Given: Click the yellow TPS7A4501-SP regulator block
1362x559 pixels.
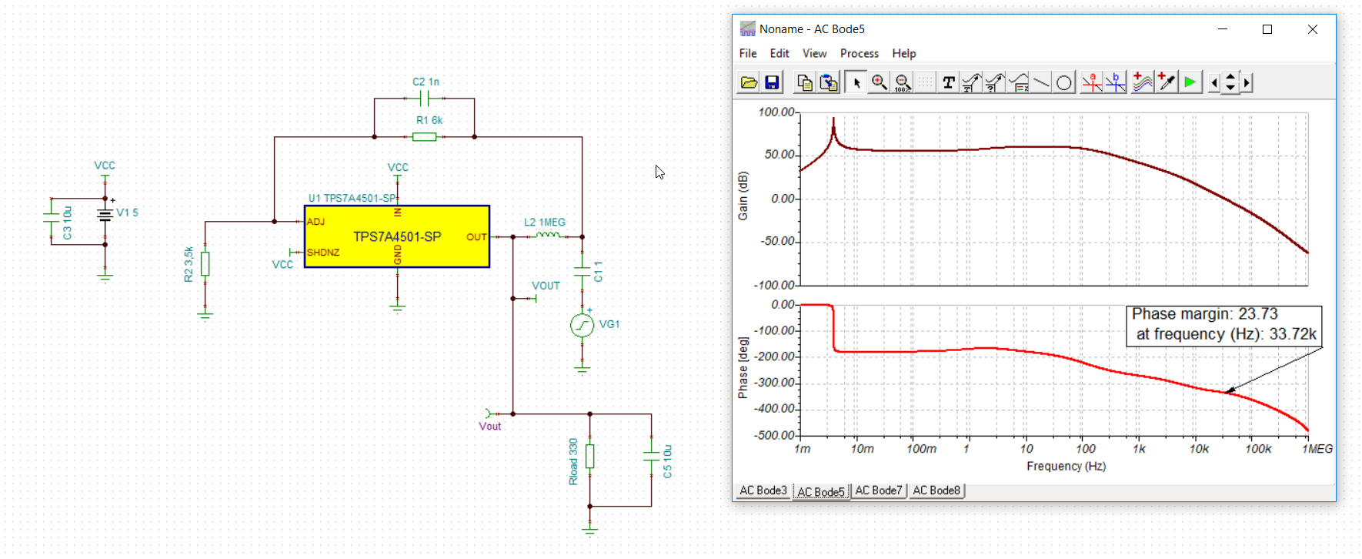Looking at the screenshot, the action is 397,236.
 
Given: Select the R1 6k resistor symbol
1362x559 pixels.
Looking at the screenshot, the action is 424,137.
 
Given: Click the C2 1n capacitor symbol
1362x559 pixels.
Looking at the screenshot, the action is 425,99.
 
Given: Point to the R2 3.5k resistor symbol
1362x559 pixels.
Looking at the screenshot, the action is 205,263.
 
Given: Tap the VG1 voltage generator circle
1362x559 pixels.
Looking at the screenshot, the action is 582,326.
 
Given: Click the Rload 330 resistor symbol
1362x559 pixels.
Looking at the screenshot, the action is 590,456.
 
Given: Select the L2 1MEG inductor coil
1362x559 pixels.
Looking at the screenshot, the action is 548,235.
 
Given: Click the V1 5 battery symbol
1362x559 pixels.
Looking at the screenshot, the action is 105,215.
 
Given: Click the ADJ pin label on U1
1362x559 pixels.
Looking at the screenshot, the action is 315,222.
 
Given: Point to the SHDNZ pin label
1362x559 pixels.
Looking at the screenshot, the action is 323,253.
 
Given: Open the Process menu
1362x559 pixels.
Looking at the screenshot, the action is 860,53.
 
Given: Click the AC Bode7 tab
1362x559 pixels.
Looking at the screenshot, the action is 879,490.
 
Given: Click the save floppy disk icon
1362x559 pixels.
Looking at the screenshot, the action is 772,82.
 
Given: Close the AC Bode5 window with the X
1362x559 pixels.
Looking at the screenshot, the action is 1313,29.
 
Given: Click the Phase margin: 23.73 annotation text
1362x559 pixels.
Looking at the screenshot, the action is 1204,314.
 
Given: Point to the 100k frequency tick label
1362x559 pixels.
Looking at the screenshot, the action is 1258,449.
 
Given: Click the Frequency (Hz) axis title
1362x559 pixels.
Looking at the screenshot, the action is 1066,466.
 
